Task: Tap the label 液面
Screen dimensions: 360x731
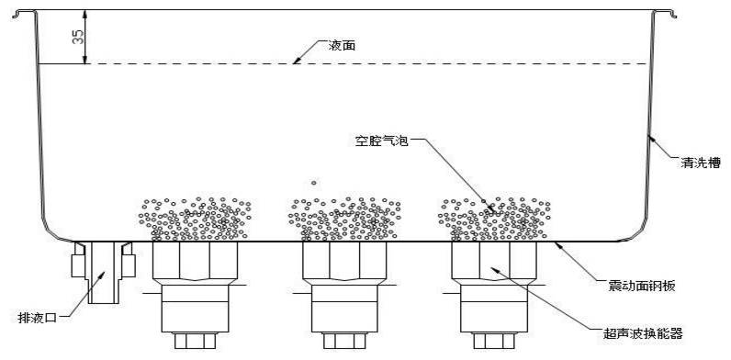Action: click(341, 44)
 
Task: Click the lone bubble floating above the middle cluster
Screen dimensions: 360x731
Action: click(314, 182)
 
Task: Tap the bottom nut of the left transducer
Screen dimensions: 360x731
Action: click(195, 341)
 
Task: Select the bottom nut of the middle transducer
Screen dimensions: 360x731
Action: click(343, 341)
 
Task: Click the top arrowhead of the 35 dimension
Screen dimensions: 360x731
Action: click(85, 14)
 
